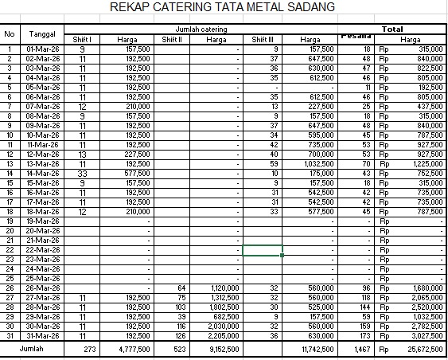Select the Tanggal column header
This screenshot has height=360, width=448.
click(x=41, y=34)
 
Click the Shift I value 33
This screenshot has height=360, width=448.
click(x=83, y=173)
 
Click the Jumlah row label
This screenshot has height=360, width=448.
click(x=32, y=349)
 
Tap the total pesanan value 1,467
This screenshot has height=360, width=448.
click(x=361, y=350)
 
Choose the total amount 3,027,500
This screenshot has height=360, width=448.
click(x=423, y=335)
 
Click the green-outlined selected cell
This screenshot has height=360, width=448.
click(x=263, y=249)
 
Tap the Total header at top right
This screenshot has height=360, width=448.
click(x=392, y=29)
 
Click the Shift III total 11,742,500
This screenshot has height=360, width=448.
click(x=316, y=350)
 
